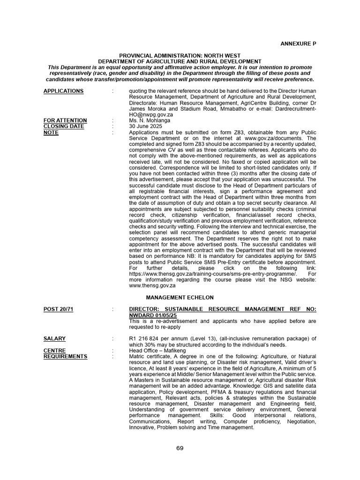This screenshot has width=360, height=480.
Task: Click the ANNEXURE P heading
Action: (298, 44)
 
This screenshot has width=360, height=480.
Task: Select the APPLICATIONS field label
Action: (63, 91)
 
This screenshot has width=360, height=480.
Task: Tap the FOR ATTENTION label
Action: (65, 120)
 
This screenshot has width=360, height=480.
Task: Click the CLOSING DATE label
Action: (64, 127)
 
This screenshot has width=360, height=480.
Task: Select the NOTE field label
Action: (51, 133)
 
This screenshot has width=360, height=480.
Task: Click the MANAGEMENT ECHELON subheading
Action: (180, 298)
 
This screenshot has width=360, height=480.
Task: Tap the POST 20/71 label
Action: (58, 309)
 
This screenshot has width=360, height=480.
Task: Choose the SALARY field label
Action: (54, 338)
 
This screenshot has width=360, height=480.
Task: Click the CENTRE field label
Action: (55, 351)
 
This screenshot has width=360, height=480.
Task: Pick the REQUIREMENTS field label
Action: (65, 356)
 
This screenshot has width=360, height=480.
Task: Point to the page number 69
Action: (180, 448)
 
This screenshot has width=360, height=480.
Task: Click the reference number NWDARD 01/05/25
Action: (152, 315)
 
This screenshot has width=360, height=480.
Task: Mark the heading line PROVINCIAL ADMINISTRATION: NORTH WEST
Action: (180, 55)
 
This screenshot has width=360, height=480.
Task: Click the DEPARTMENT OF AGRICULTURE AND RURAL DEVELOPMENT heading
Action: (180, 61)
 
